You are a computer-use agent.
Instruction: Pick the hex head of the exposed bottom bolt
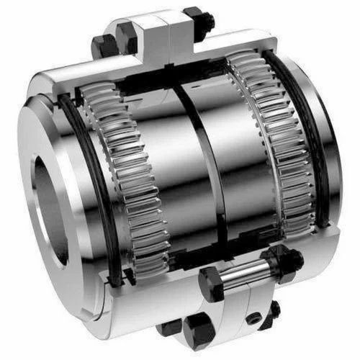point(213,280)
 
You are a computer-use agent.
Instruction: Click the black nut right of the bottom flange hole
point(274,311)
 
